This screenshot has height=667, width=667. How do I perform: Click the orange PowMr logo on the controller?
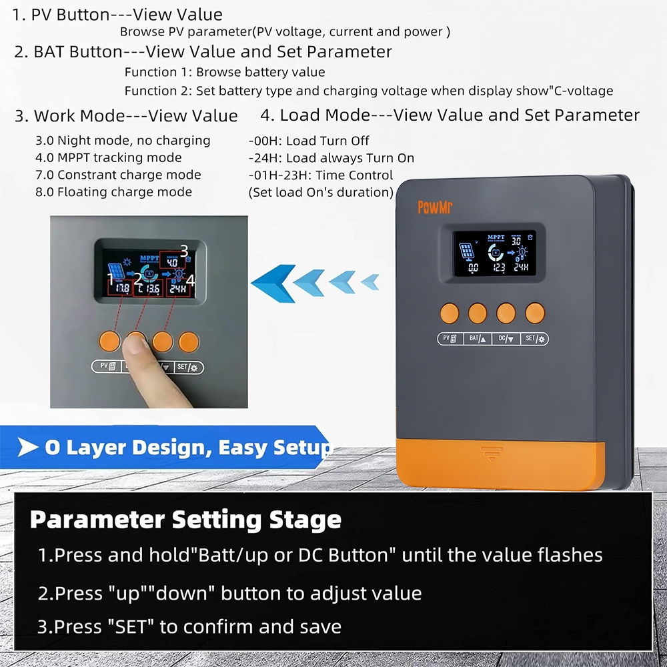tap(435, 207)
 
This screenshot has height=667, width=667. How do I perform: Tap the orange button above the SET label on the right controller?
tap(535, 313)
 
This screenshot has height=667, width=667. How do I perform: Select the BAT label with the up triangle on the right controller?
tap(476, 339)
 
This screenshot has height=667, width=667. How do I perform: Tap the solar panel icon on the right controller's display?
tap(467, 252)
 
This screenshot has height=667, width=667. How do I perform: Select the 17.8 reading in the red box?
tap(123, 289)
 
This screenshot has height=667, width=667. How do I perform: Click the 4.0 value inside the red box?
tap(171, 263)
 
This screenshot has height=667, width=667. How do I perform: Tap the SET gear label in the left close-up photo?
tap(189, 367)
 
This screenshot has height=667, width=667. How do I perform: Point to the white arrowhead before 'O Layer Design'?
tap(28, 448)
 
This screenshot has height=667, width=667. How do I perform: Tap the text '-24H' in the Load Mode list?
tap(263, 158)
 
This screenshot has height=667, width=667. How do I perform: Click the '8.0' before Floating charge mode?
tap(45, 192)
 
